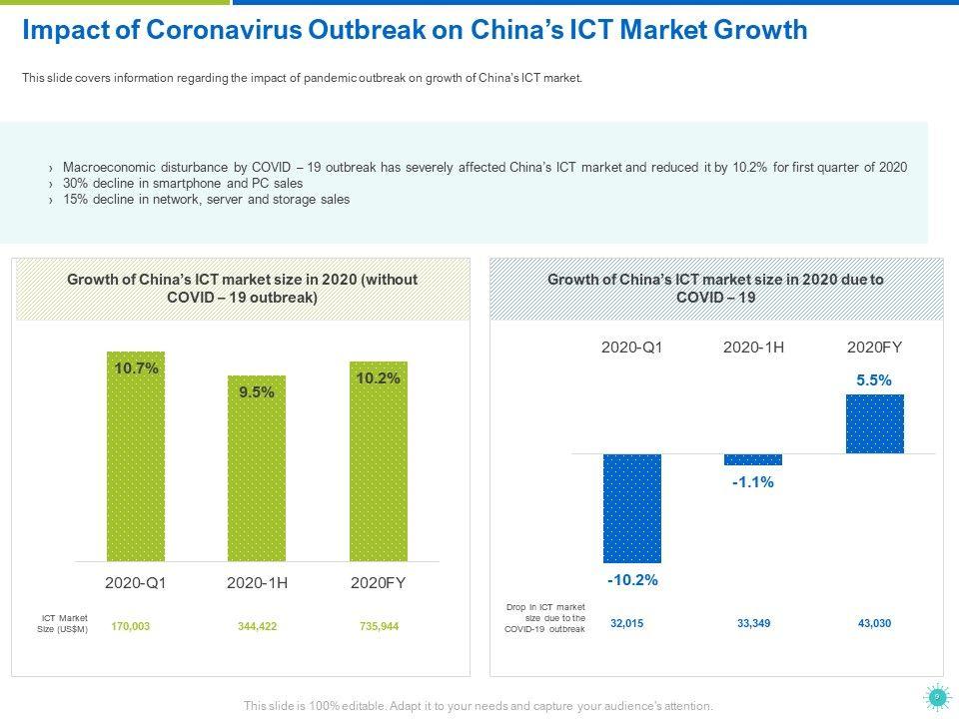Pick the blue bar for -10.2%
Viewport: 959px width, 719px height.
click(631, 508)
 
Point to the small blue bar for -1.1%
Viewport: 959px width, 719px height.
click(753, 459)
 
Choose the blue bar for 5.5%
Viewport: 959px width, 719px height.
click(874, 423)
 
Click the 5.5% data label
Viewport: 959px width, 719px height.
click(874, 380)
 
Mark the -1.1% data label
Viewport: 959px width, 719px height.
click(753, 482)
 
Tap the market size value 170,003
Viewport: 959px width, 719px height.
click(131, 626)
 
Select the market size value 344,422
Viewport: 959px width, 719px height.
click(255, 626)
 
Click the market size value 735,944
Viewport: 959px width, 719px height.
click(379, 626)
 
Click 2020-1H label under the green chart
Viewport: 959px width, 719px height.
click(257, 582)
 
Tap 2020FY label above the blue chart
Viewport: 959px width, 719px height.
click(874, 348)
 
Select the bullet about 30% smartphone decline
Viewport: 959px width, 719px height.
click(183, 184)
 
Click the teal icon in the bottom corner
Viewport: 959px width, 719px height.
click(936, 696)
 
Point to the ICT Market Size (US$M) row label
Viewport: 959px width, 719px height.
click(66, 624)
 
